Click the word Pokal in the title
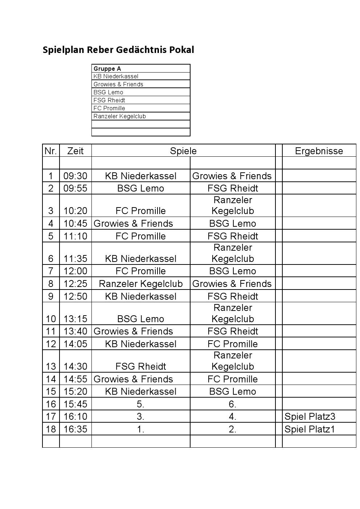coord(181,50)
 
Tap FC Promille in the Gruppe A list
coord(109,108)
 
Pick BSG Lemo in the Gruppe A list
coord(108,92)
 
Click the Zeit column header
coord(75,151)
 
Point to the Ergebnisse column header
coord(319,151)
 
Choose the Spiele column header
coord(183,151)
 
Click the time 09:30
coord(75,176)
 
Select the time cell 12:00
coord(75,271)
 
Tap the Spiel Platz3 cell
coord(310,416)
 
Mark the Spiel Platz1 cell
coord(310,429)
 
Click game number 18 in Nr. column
coord(51,429)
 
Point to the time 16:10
coord(75,416)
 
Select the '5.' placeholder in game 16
coord(141,404)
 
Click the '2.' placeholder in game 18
coord(233,429)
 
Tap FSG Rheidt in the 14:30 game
coord(141,366)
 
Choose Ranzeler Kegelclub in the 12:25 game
coord(141,284)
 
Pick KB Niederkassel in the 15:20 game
coord(141,391)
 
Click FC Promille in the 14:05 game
coord(233,344)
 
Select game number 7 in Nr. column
coord(51,271)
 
